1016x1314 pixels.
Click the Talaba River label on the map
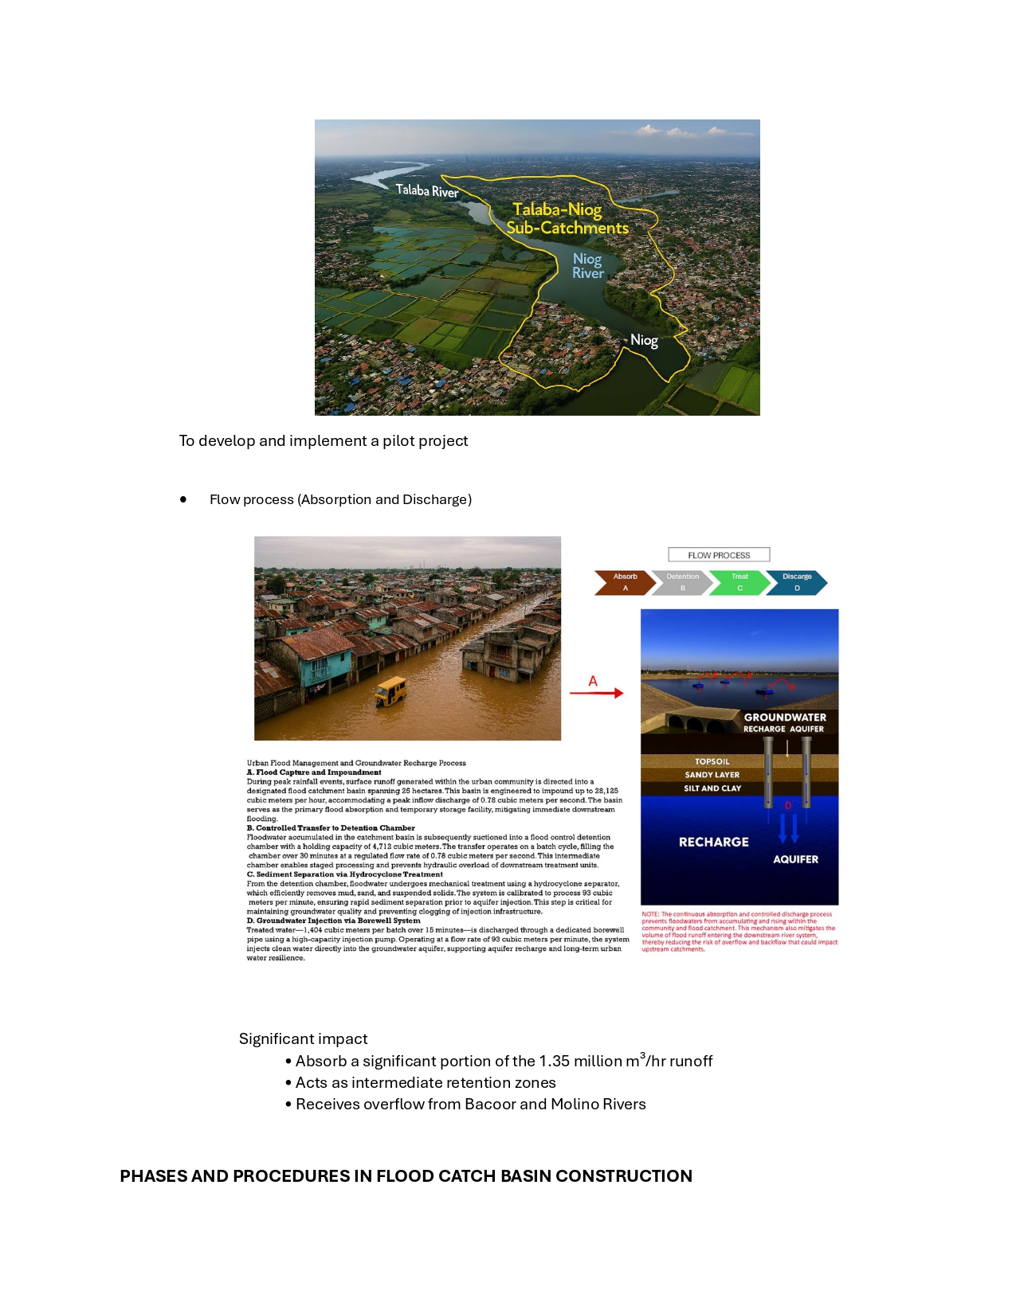click(427, 190)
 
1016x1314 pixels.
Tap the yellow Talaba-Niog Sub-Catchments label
click(567, 219)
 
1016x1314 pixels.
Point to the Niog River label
click(588, 265)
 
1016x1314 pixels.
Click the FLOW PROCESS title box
click(719, 555)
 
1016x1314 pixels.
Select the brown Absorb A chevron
click(625, 582)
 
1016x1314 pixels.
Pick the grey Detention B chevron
click(682, 582)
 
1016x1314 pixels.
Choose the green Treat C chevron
click(739, 582)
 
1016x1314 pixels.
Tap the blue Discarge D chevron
click(797, 582)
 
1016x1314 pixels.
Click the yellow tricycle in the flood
click(390, 691)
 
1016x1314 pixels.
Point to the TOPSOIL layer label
click(712, 761)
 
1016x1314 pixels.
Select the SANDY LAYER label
click(712, 775)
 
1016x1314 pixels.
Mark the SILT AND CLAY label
click(712, 788)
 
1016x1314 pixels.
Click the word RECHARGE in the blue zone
click(713, 842)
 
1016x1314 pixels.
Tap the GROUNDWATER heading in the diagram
click(785, 718)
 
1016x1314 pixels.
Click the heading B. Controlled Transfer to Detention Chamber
click(331, 828)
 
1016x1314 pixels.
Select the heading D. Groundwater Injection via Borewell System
click(333, 921)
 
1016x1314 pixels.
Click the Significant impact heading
click(303, 1038)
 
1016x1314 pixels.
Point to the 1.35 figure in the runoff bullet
click(554, 1062)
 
